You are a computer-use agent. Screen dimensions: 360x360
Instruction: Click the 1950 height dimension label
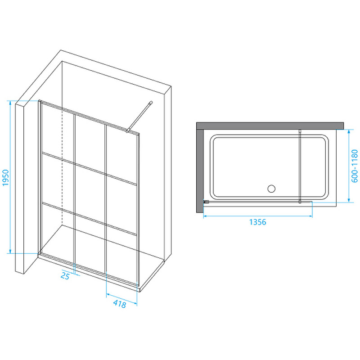pos(5,178)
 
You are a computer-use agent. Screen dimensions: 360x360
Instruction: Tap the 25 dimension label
pos(65,276)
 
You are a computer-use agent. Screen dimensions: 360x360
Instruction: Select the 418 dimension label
pos(119,304)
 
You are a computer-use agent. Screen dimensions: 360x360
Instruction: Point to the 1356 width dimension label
pos(257,222)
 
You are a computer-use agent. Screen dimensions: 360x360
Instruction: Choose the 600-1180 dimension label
pos(355,166)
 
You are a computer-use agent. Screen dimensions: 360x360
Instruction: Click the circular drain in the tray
pos(271,189)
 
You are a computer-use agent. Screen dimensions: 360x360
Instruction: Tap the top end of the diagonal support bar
pos(151,103)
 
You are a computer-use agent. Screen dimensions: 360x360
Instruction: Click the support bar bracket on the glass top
pos(127,131)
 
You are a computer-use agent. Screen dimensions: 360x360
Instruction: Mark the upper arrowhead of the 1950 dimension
pos(10,103)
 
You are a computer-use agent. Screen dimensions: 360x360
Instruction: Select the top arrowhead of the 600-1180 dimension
pos(349,131)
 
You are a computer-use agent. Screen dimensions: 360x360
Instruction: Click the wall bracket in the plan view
pos(206,202)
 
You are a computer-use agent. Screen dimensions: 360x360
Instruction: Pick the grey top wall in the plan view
pos(270,126)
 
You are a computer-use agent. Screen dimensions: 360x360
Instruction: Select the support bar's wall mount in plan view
pos(300,131)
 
